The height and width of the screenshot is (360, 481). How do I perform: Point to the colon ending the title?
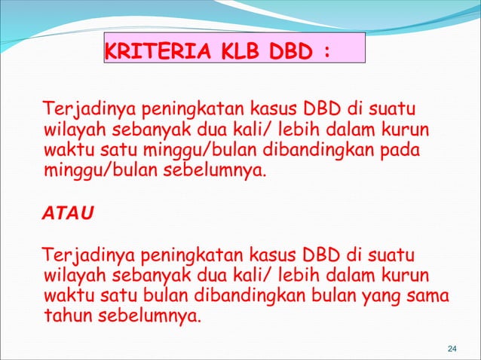(x=326, y=53)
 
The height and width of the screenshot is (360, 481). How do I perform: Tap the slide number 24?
(x=452, y=348)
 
